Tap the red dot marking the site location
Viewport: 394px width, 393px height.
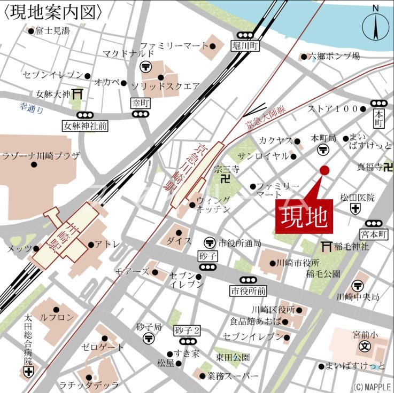click(324, 170)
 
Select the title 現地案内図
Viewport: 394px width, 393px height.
click(53, 12)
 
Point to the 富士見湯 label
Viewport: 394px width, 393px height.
click(52, 31)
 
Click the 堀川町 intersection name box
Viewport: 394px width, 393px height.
click(246, 46)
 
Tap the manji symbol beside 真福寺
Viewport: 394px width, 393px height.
click(388, 168)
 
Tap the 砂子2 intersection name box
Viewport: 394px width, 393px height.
click(187, 331)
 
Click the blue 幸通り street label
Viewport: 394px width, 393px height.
click(30, 108)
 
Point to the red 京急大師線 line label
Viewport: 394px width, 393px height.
click(265, 117)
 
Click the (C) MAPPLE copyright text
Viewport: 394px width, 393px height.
click(372, 387)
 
